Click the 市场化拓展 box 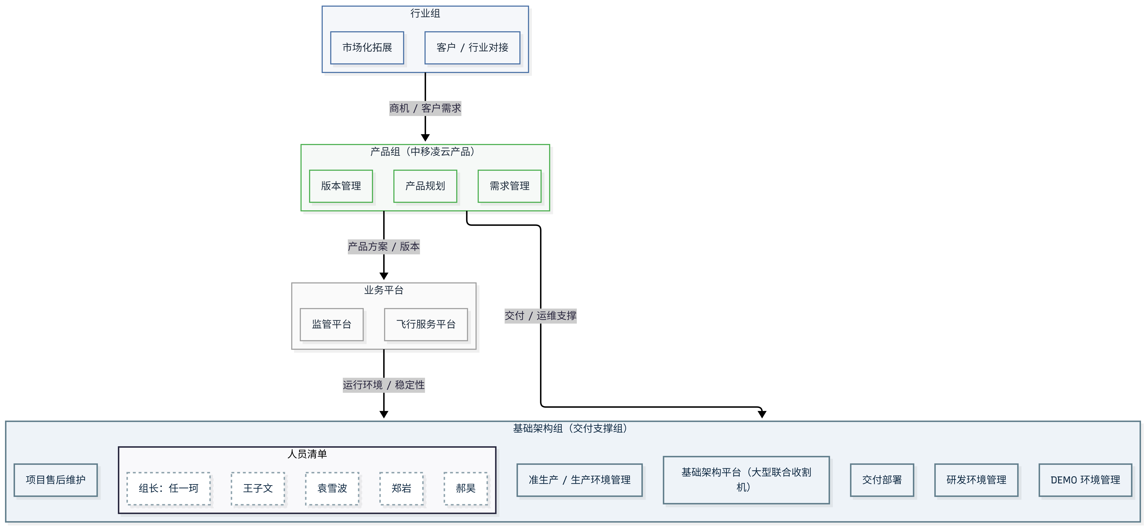coord(367,48)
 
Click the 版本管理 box coord(341,186)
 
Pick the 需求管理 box coord(509,186)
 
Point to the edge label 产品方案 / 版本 coord(384,246)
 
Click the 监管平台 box coord(331,324)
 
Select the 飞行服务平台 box coord(426,324)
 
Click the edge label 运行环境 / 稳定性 coord(384,385)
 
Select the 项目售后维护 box coord(56,480)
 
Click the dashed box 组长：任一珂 coord(169,488)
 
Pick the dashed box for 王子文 coord(258,488)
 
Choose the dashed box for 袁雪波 coord(332,488)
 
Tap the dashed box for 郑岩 coord(401,488)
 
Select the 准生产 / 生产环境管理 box coord(579,480)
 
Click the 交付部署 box coord(882,480)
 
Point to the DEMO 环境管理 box coord(1085,480)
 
